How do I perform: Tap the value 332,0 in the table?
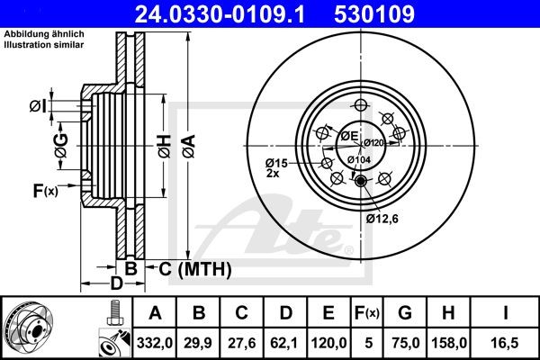point(155,341)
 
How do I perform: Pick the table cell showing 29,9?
point(198,341)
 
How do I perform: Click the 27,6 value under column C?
point(241,341)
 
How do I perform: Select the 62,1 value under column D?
point(285,341)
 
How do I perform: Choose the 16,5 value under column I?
point(508,341)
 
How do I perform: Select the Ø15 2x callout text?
point(275,167)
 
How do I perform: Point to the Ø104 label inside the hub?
point(358,159)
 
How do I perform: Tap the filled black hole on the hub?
point(361,182)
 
